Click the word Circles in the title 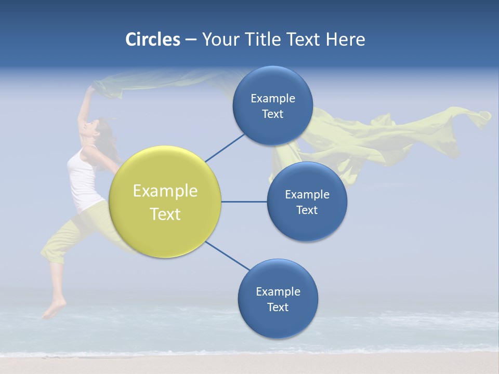[x=152, y=39]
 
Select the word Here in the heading [x=345, y=39]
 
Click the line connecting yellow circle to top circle [x=225, y=148]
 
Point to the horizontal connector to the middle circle [x=244, y=202]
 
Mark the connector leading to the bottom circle [x=228, y=256]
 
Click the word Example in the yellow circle [x=165, y=191]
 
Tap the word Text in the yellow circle [x=165, y=214]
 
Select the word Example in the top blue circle [x=272, y=99]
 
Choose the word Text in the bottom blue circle [x=278, y=307]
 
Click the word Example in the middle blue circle [x=307, y=195]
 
